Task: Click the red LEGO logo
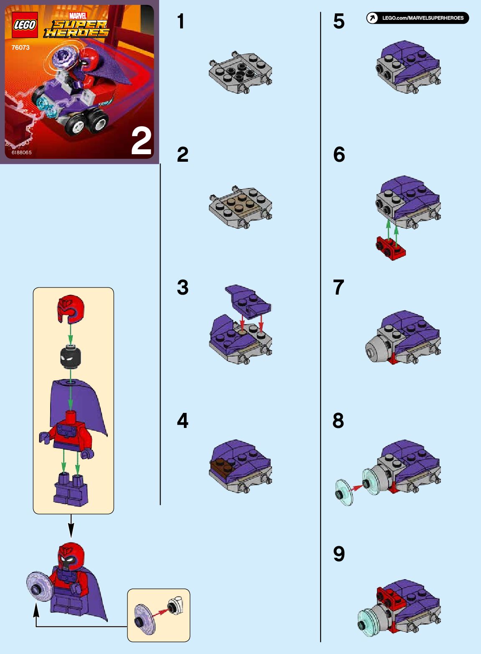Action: click(25, 25)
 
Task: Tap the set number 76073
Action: click(20, 48)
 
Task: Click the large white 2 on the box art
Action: click(141, 142)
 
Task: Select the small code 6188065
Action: click(22, 153)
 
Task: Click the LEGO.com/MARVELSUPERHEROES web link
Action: click(423, 18)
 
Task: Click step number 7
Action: click(338, 287)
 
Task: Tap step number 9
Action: click(339, 554)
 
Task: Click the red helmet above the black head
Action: click(71, 310)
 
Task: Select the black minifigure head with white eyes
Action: click(70, 356)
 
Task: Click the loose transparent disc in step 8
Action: click(344, 494)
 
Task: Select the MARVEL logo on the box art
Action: click(77, 15)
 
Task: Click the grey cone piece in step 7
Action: click(376, 348)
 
